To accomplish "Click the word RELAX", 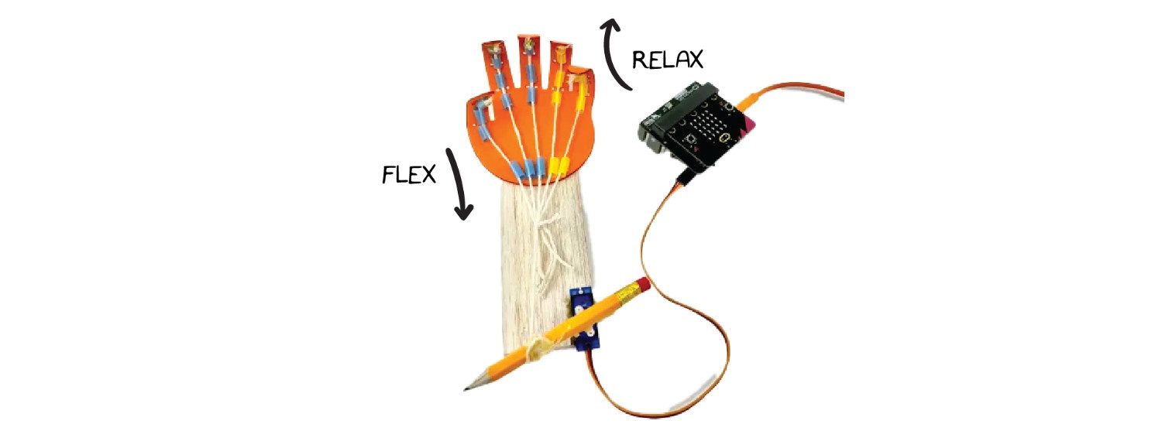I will [x=669, y=60].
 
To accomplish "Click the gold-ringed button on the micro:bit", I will [x=724, y=138].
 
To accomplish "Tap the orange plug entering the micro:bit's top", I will [x=750, y=101].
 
